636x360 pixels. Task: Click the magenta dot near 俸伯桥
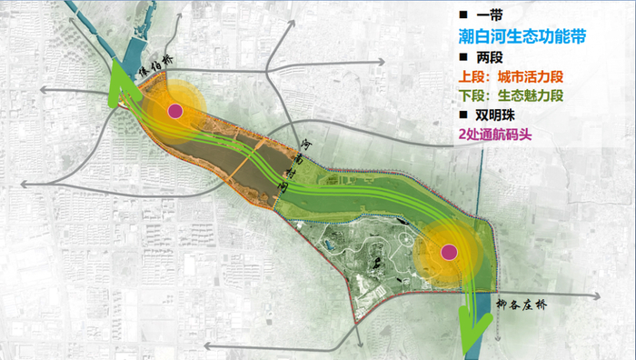pos(175,111)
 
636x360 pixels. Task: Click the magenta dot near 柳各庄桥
pos(447,252)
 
